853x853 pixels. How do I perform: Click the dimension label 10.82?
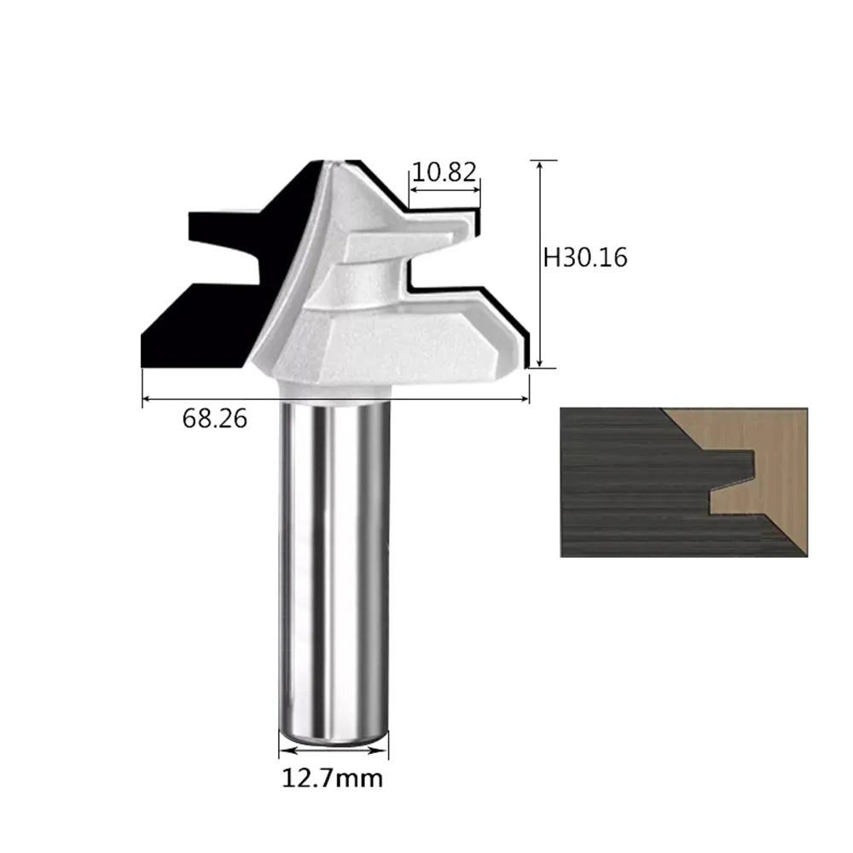pos(444,172)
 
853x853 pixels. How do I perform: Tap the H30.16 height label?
pos(585,258)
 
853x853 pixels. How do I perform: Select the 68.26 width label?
pos(214,418)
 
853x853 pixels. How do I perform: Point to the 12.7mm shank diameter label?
pos(333,778)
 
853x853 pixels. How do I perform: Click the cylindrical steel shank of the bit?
pos(334,572)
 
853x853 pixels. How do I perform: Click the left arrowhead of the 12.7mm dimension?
pos(287,751)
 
